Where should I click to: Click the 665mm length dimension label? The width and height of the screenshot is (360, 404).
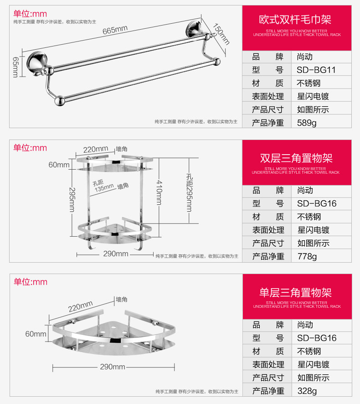click(115, 31)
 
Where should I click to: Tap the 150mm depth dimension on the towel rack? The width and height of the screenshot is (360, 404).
click(221, 34)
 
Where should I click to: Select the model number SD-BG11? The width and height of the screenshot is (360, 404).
click(316, 70)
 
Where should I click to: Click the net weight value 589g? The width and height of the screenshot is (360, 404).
click(307, 123)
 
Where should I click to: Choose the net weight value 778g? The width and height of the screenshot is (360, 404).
click(307, 256)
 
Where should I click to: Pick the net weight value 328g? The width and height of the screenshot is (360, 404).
click(307, 391)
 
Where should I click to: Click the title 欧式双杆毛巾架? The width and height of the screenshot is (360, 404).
click(296, 20)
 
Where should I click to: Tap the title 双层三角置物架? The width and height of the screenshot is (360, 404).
click(296, 158)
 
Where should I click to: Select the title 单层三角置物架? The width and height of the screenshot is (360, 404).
click(296, 292)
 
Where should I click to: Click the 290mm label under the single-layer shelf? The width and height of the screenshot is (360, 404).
click(113, 367)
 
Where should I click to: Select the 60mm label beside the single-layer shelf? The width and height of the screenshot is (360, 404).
click(36, 334)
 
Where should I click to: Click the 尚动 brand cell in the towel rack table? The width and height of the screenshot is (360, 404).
click(305, 57)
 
